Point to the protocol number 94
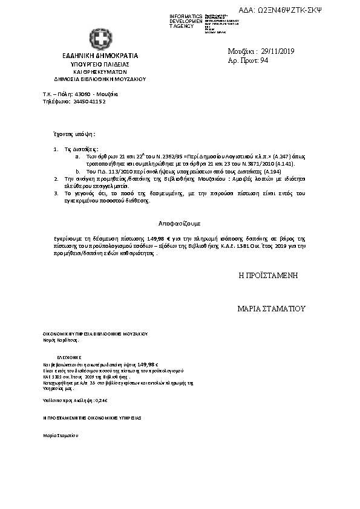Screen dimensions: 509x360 click(x=264, y=61)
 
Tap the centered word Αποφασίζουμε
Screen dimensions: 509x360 click(x=180, y=223)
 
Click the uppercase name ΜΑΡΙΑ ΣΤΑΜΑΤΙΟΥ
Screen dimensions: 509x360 click(x=272, y=308)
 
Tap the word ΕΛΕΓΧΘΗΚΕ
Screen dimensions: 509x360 click(x=69, y=357)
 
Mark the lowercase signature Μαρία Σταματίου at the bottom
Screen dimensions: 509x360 click(x=60, y=435)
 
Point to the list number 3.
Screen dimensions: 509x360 click(x=55, y=193)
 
